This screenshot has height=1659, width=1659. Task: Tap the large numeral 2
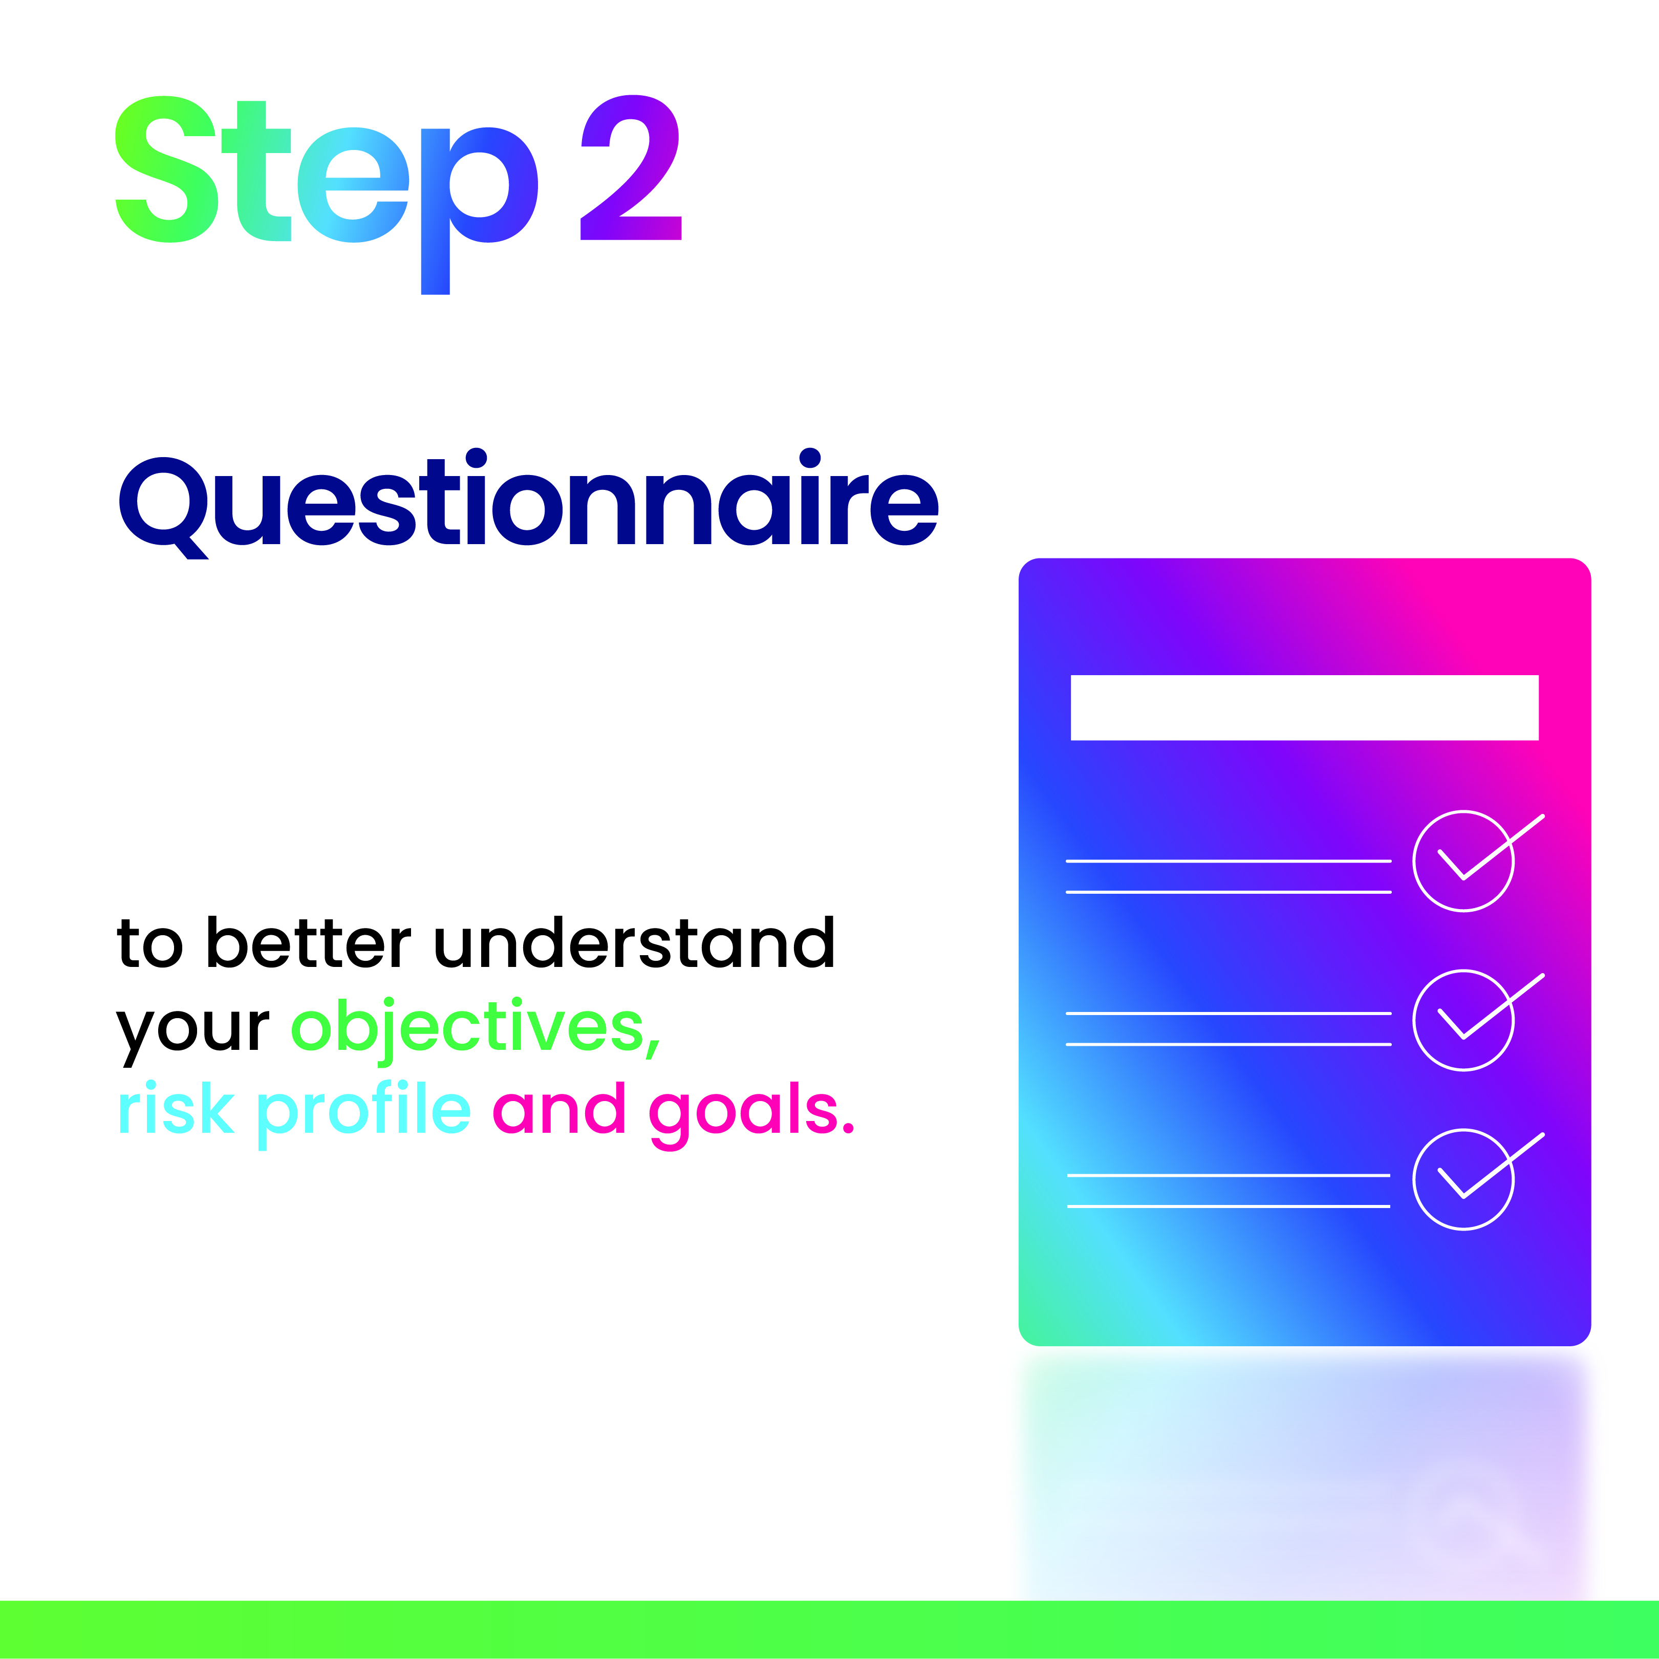pyautogui.click(x=631, y=167)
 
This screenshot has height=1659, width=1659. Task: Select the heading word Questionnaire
pyautogui.click(x=529, y=504)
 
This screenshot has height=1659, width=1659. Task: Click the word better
pyautogui.click(x=309, y=943)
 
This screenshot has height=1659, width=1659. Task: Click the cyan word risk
pyautogui.click(x=176, y=1108)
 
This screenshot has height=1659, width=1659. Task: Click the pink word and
pyautogui.click(x=559, y=1108)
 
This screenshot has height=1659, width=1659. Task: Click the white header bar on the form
pyautogui.click(x=1304, y=707)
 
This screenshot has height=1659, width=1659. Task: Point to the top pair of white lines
pyautogui.click(x=1228, y=860)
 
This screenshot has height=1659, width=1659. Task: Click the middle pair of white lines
pyautogui.click(x=1228, y=1013)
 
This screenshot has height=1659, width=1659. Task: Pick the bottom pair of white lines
pyautogui.click(x=1228, y=1175)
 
